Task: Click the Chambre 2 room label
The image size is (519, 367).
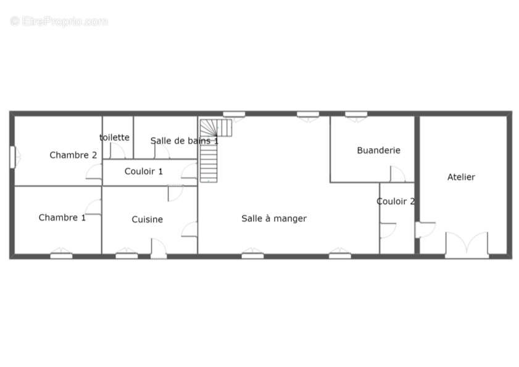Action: pos(73,155)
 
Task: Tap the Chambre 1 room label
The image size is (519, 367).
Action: pos(62,217)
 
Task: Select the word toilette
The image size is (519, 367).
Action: pos(115,137)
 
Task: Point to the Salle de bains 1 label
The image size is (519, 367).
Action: pos(185,141)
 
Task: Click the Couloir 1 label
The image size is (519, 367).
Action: pos(144,171)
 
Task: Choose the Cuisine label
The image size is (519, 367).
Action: pos(147,219)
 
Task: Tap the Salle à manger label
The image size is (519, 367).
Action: pos(274,218)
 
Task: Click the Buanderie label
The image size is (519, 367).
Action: pos(379,151)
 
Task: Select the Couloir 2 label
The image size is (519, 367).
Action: pos(396,201)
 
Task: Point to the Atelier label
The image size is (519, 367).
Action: pos(461,177)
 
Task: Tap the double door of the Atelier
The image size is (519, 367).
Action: pos(467,245)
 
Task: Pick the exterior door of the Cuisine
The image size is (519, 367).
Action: pos(159,249)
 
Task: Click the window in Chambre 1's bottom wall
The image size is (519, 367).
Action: pos(61,255)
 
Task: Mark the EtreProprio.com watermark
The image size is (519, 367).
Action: pos(59,21)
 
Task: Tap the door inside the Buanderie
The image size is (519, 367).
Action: pos(397,174)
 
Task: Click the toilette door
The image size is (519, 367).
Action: pos(117,151)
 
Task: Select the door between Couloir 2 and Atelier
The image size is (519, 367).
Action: pos(425,229)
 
